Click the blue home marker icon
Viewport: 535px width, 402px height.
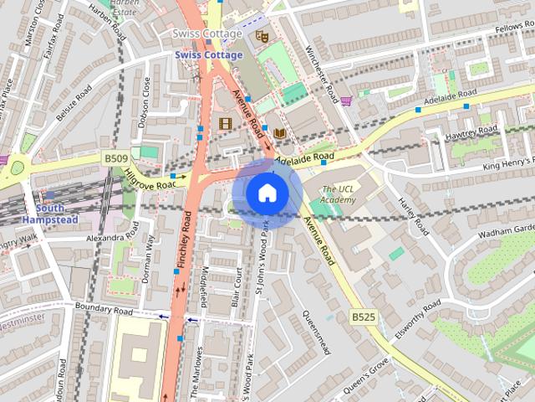click(267, 193)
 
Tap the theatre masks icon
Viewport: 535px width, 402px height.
click(261, 36)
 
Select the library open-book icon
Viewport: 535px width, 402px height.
click(279, 133)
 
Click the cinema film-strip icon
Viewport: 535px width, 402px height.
click(224, 123)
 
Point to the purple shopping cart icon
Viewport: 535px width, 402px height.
click(346, 101)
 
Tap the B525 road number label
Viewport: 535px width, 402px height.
click(362, 317)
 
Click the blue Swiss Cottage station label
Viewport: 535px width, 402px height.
click(208, 55)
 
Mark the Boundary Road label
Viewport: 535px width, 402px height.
click(104, 310)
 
